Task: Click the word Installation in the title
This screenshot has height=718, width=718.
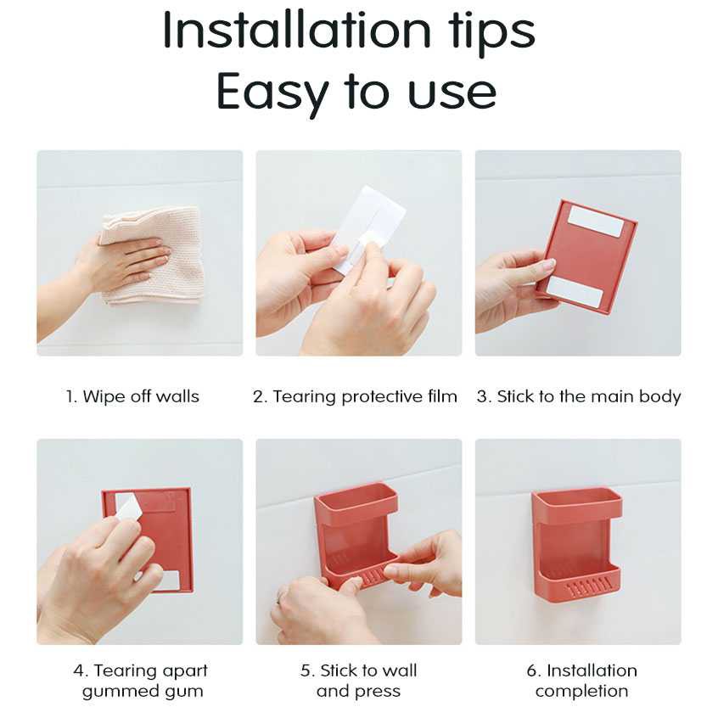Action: pos(297,31)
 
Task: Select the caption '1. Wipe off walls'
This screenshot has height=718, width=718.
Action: pos(132,396)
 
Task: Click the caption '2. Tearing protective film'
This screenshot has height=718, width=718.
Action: pos(355,396)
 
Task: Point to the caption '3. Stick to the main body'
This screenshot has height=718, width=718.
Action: pos(578,396)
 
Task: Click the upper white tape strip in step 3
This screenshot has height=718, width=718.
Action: pos(596,222)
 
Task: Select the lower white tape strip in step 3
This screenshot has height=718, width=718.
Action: pos(575,291)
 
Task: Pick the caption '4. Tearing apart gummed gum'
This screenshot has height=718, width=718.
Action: pos(141,681)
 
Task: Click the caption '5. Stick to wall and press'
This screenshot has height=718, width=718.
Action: pos(358,681)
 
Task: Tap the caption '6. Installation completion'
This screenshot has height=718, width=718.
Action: pos(581,681)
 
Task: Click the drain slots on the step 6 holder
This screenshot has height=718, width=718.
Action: pos(588,587)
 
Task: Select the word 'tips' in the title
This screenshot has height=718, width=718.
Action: pos(492,32)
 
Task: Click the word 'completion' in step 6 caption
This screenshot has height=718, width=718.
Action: pos(581,691)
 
